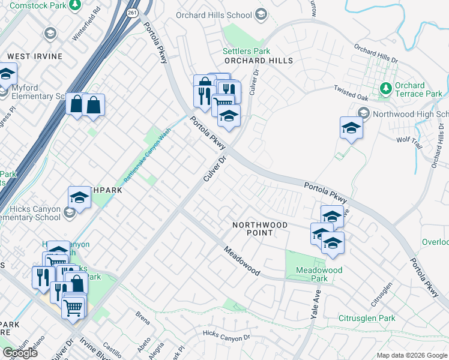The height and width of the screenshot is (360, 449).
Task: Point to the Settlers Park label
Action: [x=246, y=52]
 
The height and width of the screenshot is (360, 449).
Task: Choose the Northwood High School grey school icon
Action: [x=363, y=113]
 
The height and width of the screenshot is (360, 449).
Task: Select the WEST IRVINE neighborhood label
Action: [x=35, y=56]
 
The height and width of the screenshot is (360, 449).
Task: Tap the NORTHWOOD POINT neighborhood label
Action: [x=260, y=225]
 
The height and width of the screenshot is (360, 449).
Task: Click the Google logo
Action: [x=20, y=353]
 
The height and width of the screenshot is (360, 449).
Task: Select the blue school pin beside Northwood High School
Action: [x=351, y=128]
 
